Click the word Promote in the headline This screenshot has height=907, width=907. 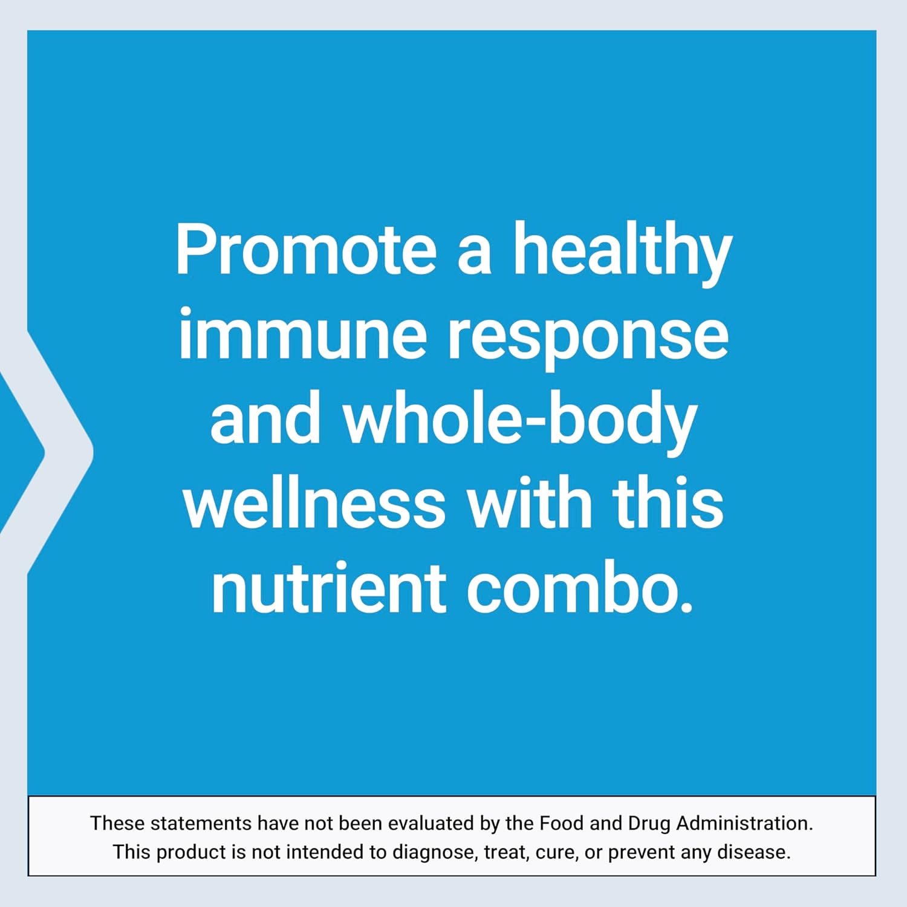pos(305,250)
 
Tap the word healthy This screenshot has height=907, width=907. pos(623,250)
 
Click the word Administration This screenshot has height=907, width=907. pos(744,823)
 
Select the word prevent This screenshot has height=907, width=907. pos(642,853)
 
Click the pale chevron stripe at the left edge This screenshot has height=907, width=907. pos(67,450)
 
